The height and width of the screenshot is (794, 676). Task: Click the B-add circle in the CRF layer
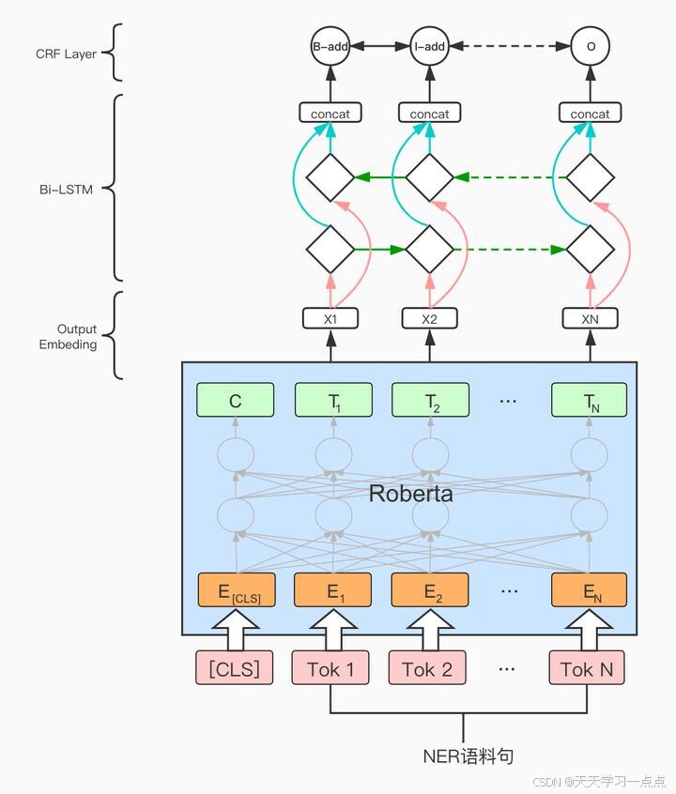click(x=330, y=45)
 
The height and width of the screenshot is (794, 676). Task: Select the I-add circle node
click(x=429, y=45)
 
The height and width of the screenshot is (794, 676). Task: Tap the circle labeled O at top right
click(x=591, y=45)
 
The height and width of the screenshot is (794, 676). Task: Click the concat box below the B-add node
click(x=330, y=114)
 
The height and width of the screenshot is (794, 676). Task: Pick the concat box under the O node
click(x=590, y=114)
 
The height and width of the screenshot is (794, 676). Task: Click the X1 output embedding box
click(x=330, y=318)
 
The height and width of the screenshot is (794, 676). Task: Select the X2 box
click(x=429, y=318)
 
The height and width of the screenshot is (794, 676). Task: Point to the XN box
click(x=590, y=318)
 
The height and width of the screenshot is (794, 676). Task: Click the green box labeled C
click(x=236, y=401)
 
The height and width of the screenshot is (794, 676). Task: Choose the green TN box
click(x=590, y=401)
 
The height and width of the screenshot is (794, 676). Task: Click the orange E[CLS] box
click(x=236, y=591)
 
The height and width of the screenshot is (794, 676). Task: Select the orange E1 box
click(x=332, y=591)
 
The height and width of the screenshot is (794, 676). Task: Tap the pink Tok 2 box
click(x=427, y=668)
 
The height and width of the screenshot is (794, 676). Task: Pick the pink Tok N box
click(x=587, y=668)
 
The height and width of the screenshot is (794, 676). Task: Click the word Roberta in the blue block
click(x=410, y=494)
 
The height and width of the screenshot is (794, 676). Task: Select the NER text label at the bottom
click(x=467, y=756)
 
